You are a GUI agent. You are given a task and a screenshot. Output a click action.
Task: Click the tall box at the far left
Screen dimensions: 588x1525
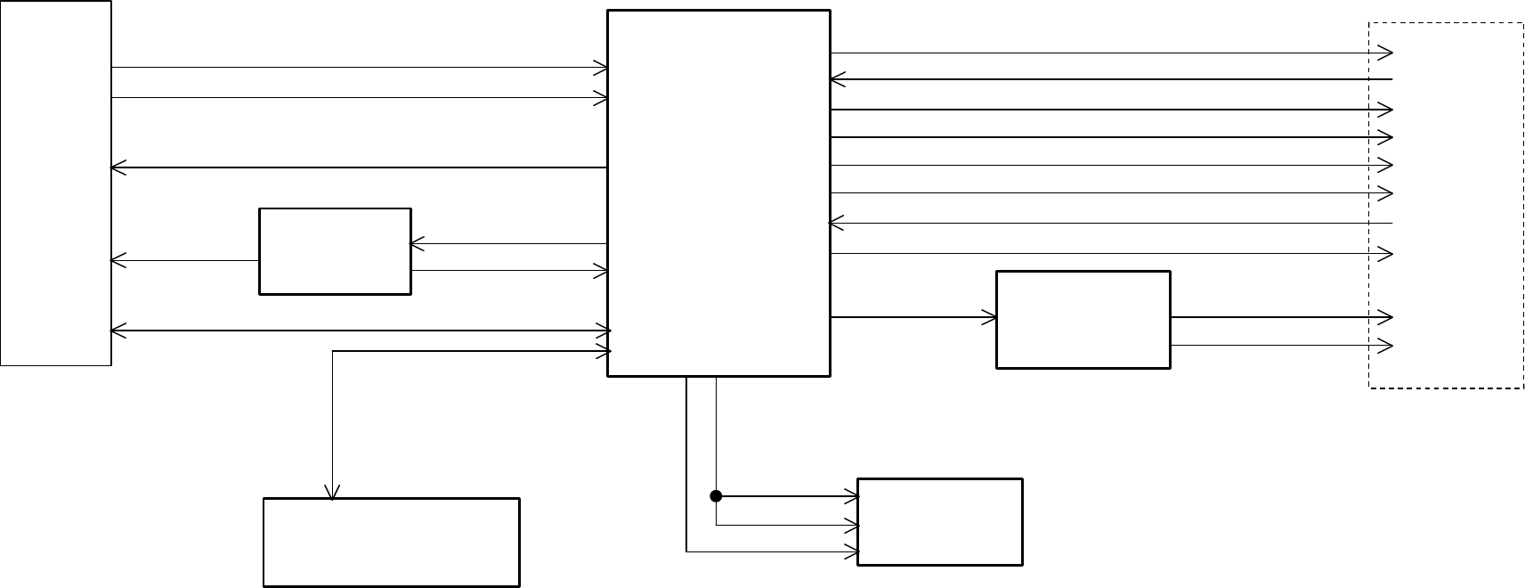click(x=55, y=183)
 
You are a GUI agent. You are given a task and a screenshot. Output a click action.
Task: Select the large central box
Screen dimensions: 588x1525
click(x=718, y=192)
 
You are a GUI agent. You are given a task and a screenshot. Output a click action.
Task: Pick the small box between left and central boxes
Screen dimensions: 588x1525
click(x=335, y=251)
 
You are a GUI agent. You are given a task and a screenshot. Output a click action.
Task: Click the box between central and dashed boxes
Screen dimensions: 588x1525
click(x=1083, y=319)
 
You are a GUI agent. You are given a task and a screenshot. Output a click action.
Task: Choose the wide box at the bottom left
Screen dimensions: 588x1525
click(x=392, y=542)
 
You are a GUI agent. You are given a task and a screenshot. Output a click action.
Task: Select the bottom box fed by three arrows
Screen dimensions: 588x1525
click(x=939, y=521)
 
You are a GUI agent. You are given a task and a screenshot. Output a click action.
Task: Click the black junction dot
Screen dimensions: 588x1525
click(x=716, y=495)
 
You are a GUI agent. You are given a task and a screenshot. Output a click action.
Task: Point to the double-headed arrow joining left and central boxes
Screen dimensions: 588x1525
click(x=356, y=331)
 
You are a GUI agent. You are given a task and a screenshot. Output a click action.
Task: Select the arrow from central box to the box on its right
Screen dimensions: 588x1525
click(x=913, y=316)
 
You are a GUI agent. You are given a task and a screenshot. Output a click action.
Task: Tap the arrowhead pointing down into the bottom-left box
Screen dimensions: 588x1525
click(x=332, y=492)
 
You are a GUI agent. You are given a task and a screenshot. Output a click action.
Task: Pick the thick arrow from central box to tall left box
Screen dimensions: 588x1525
click(x=356, y=167)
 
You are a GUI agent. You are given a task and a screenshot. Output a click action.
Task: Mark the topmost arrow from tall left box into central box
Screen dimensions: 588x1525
click(x=356, y=67)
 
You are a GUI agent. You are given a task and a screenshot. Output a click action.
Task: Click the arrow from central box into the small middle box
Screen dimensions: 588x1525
click(x=507, y=243)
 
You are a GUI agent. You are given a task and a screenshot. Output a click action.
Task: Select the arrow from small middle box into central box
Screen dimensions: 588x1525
click(x=507, y=271)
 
